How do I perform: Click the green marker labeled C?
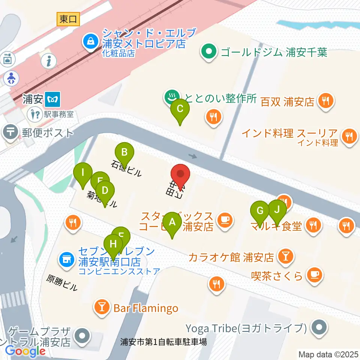click(180, 109)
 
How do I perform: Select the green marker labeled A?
click(172, 222)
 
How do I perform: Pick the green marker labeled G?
click(259, 210)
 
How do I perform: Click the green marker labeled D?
click(105, 190)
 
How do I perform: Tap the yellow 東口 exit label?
click(69, 19)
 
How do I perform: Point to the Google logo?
click(25, 351)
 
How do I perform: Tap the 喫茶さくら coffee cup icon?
click(313, 275)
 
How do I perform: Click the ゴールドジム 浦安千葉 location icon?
click(209, 51)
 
